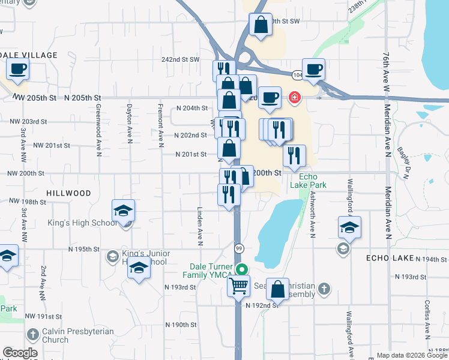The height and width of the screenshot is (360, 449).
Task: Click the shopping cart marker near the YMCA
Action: pyautogui.click(x=239, y=286)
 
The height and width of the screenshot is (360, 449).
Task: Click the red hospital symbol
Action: pyautogui.click(x=294, y=97)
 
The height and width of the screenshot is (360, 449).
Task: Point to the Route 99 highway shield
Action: pyautogui.click(x=238, y=248)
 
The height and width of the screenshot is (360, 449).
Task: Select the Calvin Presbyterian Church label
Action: pyautogui.click(x=63, y=335)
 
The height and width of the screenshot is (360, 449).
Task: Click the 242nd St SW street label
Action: pyautogui.click(x=181, y=59)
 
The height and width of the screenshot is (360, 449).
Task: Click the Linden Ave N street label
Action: pyautogui.click(x=200, y=226)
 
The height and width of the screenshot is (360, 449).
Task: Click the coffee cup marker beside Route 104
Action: pyautogui.click(x=313, y=70)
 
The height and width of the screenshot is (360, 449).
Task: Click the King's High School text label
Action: pyautogui.click(x=82, y=223)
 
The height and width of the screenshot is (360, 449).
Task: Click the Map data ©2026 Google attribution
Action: pyautogui.click(x=411, y=355)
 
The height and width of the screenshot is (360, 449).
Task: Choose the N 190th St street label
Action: pyautogui.click(x=181, y=325)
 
